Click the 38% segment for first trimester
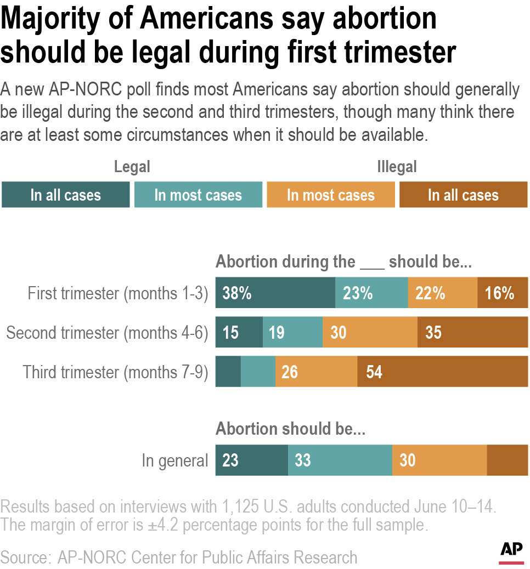click(275, 293)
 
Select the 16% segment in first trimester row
click(503, 293)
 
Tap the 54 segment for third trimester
click(442, 372)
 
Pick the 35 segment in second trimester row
click(472, 333)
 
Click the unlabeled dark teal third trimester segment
click(228, 372)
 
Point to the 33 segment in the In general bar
click(340, 460)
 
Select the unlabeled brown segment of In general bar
click(507, 460)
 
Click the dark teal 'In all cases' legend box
click(66, 195)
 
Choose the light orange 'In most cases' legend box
click(330, 195)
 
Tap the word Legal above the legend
click(132, 167)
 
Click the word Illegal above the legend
click(397, 167)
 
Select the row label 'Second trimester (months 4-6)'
click(107, 333)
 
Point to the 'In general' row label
click(174, 460)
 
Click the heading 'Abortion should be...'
click(290, 429)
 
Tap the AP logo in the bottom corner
click(511, 551)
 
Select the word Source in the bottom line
click(25, 557)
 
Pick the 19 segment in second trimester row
click(292, 333)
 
